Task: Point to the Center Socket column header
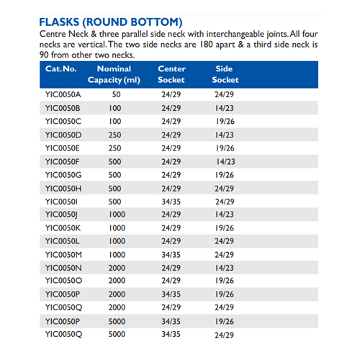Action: coord(171,73)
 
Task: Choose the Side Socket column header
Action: coord(225,73)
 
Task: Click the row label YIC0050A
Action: coord(63,94)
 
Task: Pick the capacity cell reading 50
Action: coord(116,94)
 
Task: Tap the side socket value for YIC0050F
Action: coord(225,161)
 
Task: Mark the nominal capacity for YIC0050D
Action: coord(116,135)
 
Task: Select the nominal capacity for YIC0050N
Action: coord(116,267)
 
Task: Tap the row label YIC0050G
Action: coord(63,174)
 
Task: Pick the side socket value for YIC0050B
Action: coord(225,108)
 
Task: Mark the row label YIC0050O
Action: coord(63,280)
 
